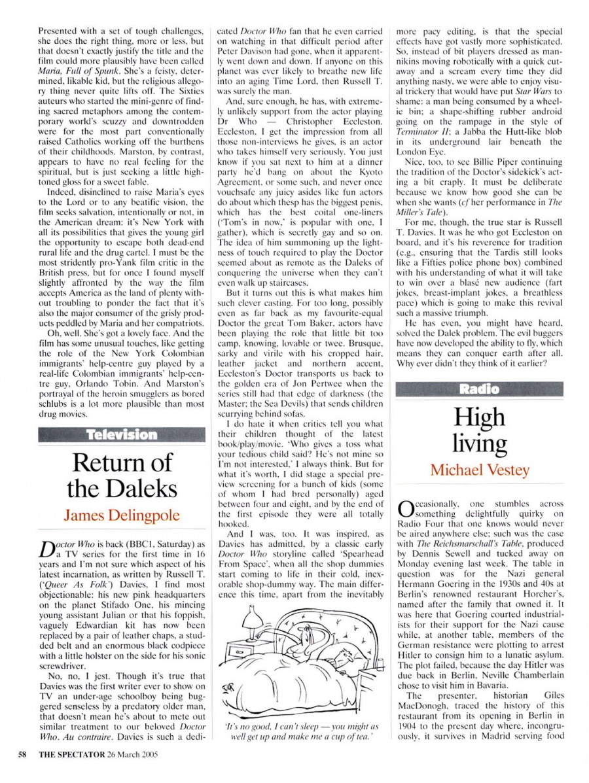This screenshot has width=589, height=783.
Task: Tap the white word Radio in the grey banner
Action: (x=479, y=389)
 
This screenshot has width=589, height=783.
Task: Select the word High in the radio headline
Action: (x=479, y=417)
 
